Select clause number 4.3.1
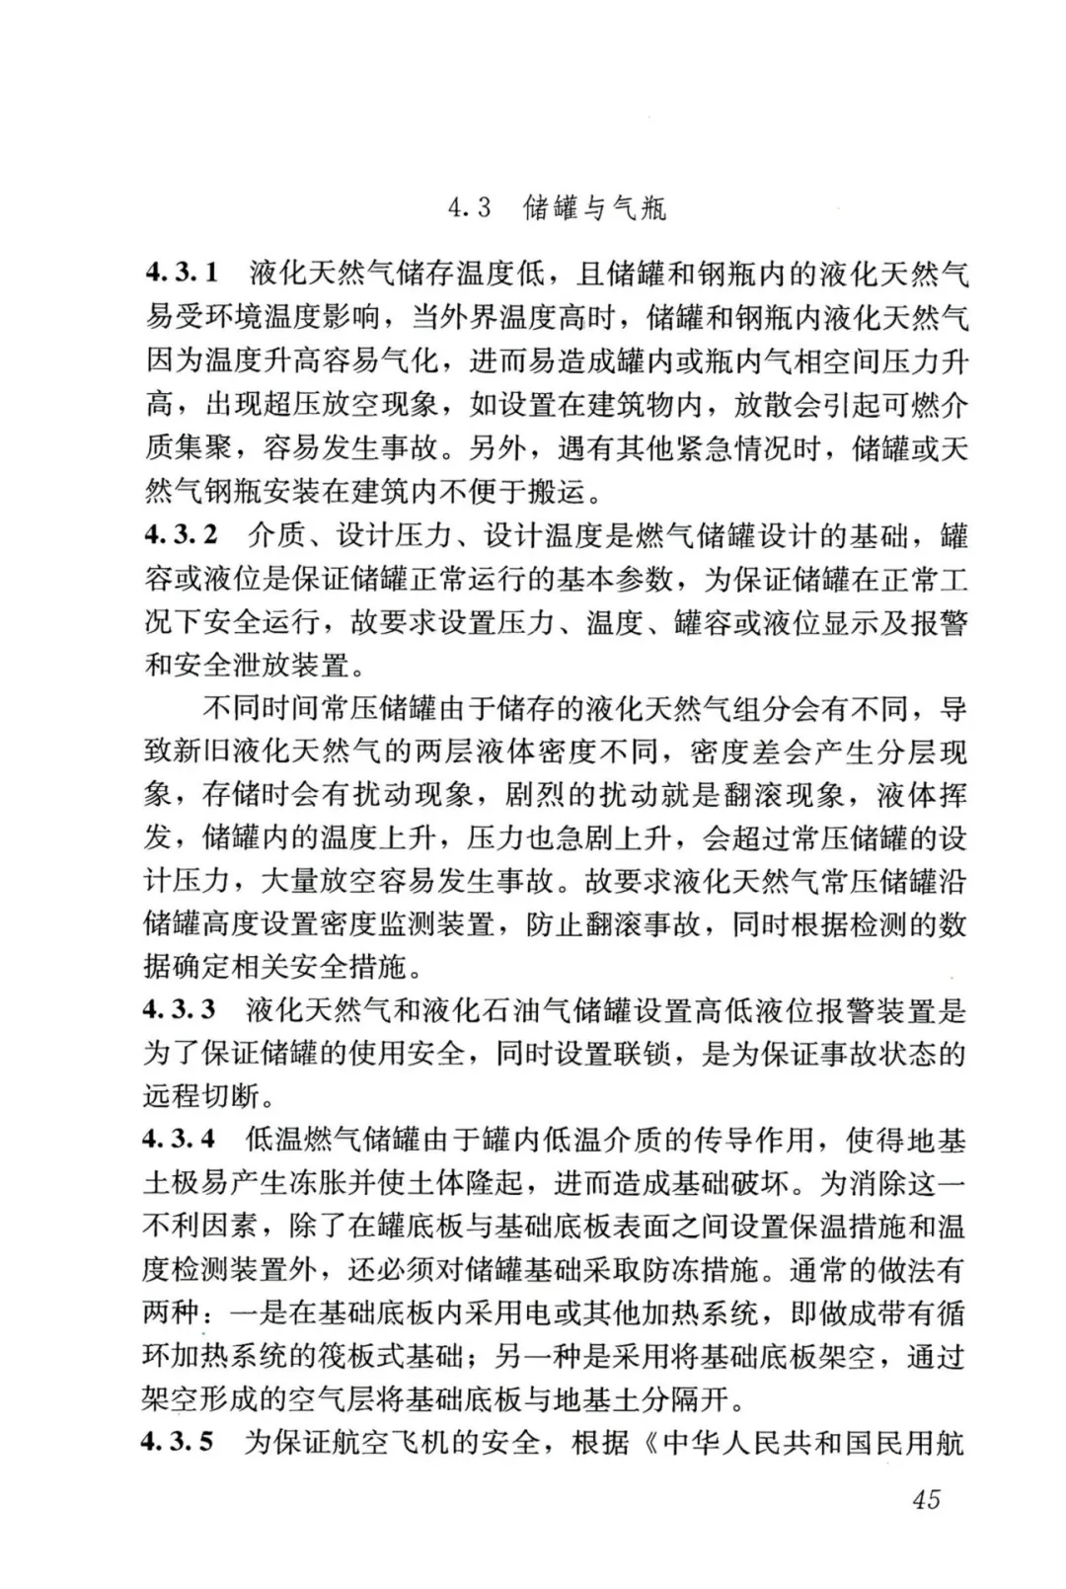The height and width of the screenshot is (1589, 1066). click(x=182, y=273)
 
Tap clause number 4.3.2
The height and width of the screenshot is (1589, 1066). click(x=182, y=535)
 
